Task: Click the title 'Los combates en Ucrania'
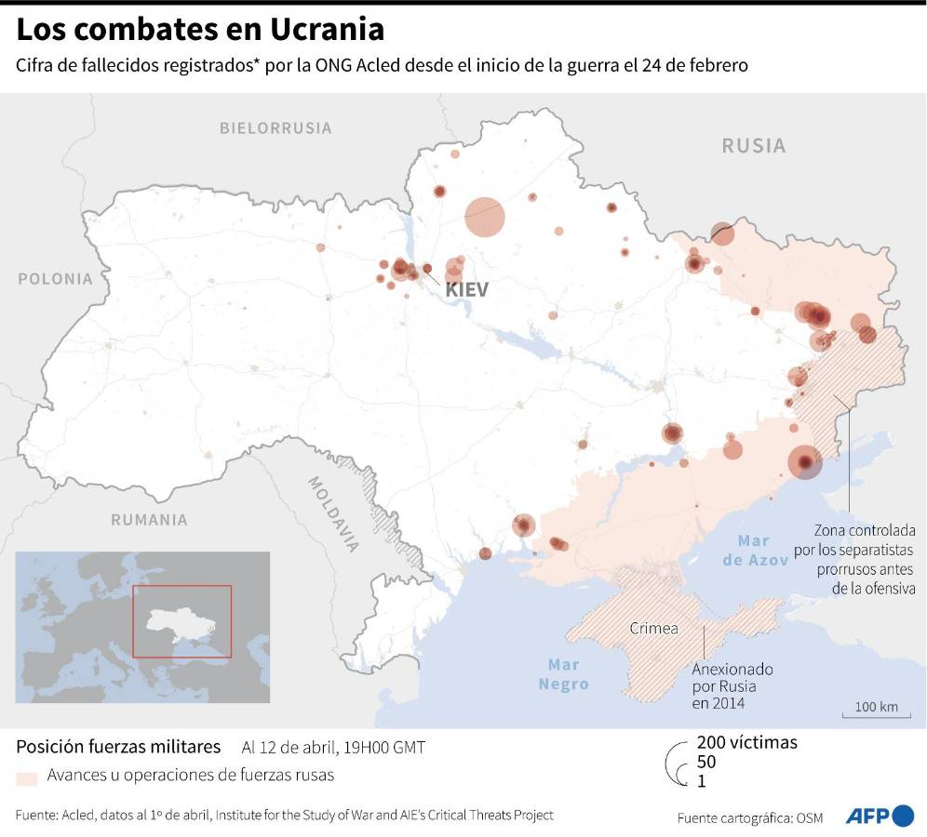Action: (200, 30)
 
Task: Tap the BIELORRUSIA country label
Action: (275, 128)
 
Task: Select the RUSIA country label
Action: (754, 146)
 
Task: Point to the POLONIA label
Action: (56, 279)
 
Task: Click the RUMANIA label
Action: (149, 520)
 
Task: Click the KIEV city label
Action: (466, 290)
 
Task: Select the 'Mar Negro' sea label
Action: (564, 674)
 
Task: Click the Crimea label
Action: (653, 628)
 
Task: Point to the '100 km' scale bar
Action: (876, 709)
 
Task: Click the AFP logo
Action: (880, 816)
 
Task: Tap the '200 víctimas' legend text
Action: (746, 742)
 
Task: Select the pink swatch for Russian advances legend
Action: (27, 776)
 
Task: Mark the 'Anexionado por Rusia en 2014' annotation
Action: (732, 686)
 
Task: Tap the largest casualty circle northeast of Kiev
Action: (485, 217)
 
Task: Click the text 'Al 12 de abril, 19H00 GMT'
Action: (335, 748)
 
